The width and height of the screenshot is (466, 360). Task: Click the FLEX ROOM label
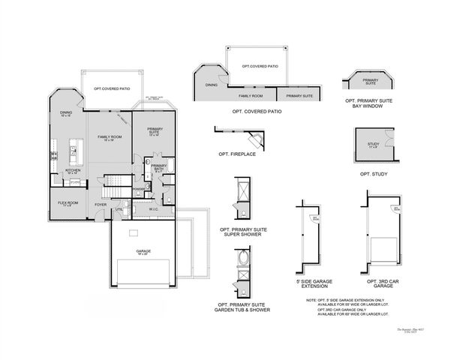click(x=68, y=203)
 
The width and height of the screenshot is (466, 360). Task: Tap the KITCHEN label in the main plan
click(x=72, y=170)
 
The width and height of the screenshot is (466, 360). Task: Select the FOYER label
click(x=100, y=204)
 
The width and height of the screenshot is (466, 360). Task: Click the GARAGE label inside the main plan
click(x=143, y=252)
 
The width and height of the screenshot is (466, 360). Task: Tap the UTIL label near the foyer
click(x=119, y=209)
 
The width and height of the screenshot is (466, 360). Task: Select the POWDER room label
click(x=139, y=188)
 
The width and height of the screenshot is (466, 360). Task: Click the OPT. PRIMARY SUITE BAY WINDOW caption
click(x=371, y=103)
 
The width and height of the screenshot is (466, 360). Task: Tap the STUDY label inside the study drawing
click(x=373, y=144)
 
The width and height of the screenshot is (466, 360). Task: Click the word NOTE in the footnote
click(x=311, y=298)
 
